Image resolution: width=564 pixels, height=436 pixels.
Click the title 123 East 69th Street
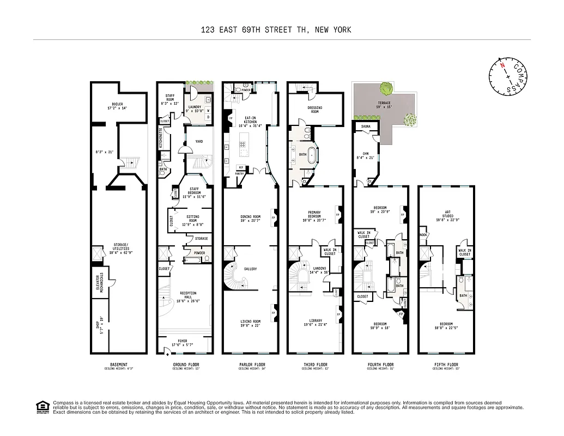click(x=275, y=30)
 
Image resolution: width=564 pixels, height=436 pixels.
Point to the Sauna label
click(x=366, y=126)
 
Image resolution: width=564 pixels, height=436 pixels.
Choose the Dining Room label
click(x=251, y=219)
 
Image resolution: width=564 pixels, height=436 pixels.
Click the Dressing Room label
click(x=314, y=110)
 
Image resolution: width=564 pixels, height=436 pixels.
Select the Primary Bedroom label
click(x=314, y=215)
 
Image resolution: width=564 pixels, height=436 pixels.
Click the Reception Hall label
click(x=188, y=295)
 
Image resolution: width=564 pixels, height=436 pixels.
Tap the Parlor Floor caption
click(x=250, y=365)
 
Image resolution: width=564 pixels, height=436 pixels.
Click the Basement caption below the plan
click(x=118, y=365)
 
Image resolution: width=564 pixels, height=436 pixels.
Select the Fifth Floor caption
click(x=446, y=365)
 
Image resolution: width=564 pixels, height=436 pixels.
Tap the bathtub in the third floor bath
click(x=313, y=155)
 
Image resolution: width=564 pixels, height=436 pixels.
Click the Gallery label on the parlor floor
click(x=250, y=269)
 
